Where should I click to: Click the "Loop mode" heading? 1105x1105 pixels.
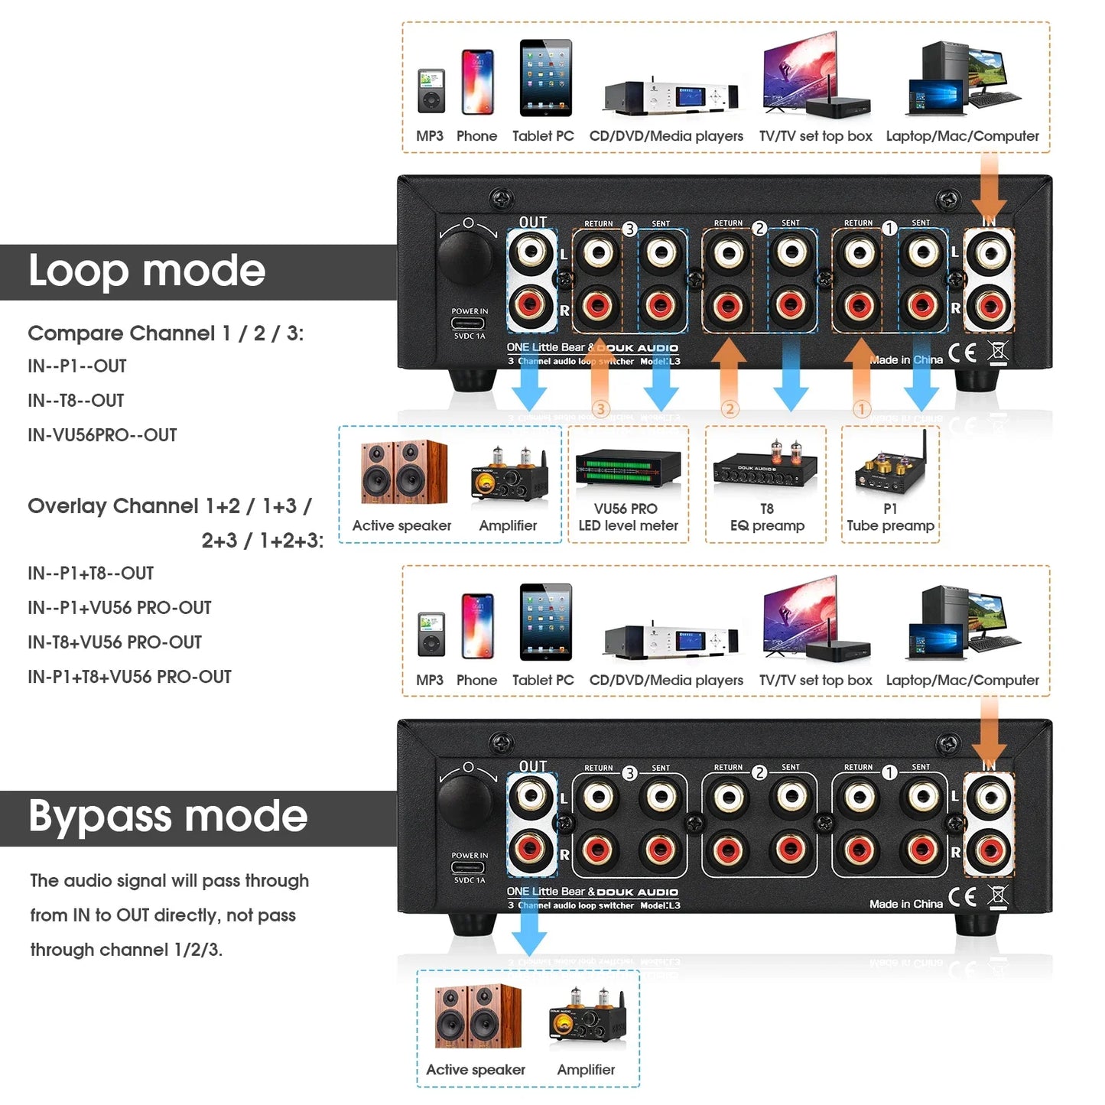tap(146, 271)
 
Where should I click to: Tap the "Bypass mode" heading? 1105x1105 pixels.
tap(167, 817)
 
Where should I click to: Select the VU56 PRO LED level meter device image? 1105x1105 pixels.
tap(628, 468)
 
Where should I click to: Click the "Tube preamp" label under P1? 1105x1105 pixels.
tap(890, 526)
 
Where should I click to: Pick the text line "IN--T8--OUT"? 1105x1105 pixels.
tap(76, 401)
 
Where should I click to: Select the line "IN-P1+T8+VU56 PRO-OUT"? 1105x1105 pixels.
tap(129, 677)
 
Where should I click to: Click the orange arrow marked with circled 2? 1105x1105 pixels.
tap(730, 375)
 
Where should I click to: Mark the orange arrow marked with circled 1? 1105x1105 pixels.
tap(861, 375)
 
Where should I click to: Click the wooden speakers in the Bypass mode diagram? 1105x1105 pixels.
tap(477, 1016)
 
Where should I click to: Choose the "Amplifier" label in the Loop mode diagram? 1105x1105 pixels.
tap(508, 526)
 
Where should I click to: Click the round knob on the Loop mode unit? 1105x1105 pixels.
tap(466, 256)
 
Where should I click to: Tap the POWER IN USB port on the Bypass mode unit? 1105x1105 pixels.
tap(468, 868)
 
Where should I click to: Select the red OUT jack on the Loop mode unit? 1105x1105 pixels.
tap(531, 306)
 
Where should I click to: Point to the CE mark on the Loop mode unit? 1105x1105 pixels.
tap(962, 353)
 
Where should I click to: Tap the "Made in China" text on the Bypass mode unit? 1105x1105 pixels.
tap(905, 904)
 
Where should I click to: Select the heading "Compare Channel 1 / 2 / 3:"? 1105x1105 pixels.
tap(165, 333)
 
